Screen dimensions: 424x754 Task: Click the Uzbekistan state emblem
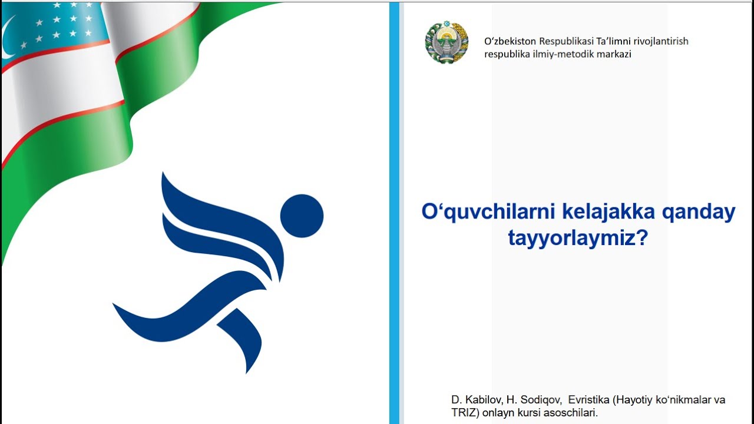pyautogui.click(x=447, y=43)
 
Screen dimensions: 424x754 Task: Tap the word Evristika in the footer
pyautogui.click(x=588, y=400)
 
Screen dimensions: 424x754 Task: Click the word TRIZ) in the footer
pyautogui.click(x=465, y=413)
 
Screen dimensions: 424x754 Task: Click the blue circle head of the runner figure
pyautogui.click(x=302, y=216)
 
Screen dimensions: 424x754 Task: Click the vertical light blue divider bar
pyautogui.click(x=394, y=212)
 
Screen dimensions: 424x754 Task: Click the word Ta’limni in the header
pyautogui.click(x=617, y=41)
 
